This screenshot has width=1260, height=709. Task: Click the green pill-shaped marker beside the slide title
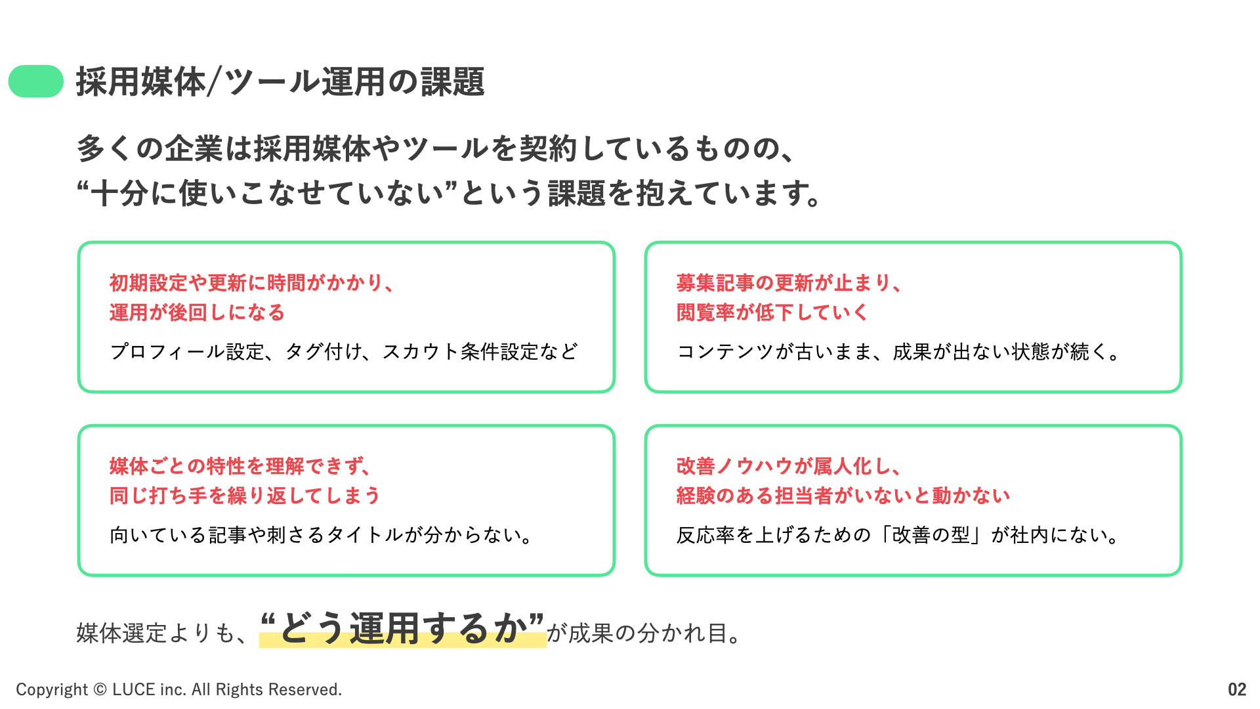pos(36,81)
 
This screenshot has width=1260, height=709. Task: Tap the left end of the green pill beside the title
pos(9,81)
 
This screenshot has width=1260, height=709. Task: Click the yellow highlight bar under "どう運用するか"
pos(402,639)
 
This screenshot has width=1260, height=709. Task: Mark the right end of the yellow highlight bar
pos(546,639)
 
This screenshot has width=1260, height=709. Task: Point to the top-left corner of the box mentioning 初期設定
pos(79,242)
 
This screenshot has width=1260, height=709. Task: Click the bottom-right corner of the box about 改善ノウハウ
pos(1181,575)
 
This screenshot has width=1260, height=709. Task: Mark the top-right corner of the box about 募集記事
pos(1181,242)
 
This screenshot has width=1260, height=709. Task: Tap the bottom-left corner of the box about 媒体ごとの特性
pos(79,575)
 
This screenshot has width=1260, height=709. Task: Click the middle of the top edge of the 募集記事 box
pos(913,242)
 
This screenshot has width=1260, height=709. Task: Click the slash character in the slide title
pos(214,83)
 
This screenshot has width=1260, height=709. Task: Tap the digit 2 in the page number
pos(1242,689)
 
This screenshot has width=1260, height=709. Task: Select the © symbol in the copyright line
pos(100,689)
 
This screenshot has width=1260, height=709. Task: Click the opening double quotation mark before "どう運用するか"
pos(268,619)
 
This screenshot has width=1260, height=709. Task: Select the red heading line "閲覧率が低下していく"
pos(772,312)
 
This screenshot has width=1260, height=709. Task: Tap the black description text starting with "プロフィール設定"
pos(345,352)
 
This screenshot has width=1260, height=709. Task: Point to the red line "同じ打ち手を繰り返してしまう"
pos(245,496)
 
